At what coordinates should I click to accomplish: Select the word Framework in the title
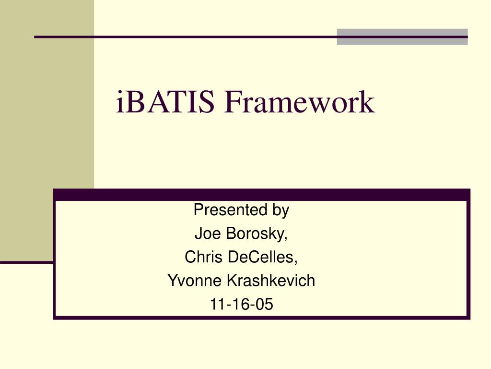299,102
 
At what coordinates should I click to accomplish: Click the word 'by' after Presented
281,211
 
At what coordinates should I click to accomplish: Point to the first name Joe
207,234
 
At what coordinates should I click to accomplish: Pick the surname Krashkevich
269,280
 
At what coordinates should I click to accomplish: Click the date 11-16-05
241,304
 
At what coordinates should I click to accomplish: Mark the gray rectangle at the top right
402,37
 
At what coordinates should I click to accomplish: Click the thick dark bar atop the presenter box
261,194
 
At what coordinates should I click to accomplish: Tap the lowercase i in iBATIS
120,102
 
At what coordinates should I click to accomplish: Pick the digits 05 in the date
265,304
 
